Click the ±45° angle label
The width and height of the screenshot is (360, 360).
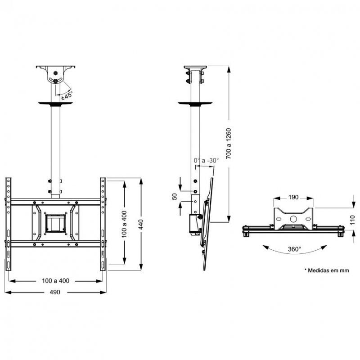tap(67, 95)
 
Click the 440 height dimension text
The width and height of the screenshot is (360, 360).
tap(141, 223)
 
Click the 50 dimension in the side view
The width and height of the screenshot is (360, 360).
tap(175, 198)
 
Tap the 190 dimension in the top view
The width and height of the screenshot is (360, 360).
tap(293, 197)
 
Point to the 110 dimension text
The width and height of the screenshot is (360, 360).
tap(352, 220)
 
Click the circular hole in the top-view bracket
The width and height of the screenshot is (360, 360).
tap(293, 219)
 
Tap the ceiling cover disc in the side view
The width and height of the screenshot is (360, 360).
tap(194, 103)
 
